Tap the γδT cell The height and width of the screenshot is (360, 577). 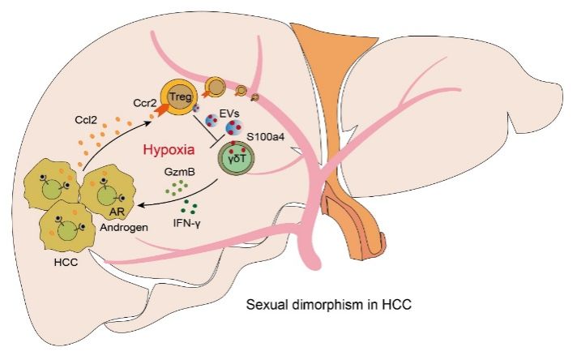pos(237,159)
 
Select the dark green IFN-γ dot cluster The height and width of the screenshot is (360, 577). pos(190,205)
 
